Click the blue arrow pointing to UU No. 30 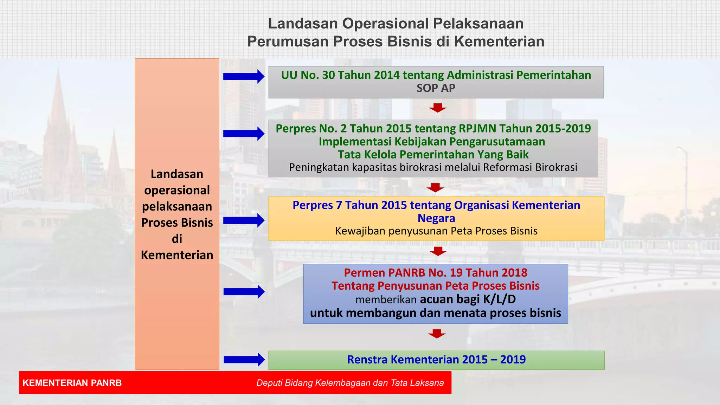pos(243,76)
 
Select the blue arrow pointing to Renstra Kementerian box pos(244,359)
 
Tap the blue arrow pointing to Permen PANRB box pos(244,291)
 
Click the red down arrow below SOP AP pos(437,108)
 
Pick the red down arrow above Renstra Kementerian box pos(437,334)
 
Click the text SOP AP pos(436,88)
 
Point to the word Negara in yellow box pos(436,218)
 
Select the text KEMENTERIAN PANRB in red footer pos(72,383)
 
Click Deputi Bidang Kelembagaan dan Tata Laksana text pos(350,383)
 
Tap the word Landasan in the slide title pos(303,24)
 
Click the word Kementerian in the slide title pos(499,41)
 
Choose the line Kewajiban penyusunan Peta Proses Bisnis pos(436,231)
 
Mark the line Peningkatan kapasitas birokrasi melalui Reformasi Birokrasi pos(433,167)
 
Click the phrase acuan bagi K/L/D pos(468,299)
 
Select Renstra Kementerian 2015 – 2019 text pos(436,360)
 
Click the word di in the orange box pos(177,239)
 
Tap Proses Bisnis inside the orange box pos(177,223)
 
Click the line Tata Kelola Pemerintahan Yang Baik pos(433,154)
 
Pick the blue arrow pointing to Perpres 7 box pos(243,220)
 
